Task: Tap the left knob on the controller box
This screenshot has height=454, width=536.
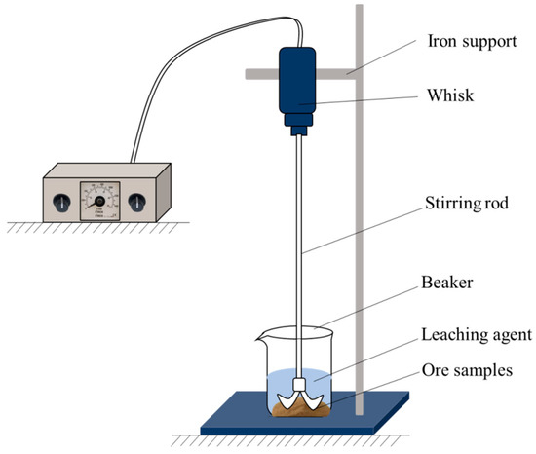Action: click(x=61, y=202)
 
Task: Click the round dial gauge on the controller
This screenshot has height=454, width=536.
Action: click(x=99, y=202)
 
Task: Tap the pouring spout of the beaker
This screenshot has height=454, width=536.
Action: click(x=258, y=338)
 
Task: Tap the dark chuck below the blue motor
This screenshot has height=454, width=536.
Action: click(x=298, y=124)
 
